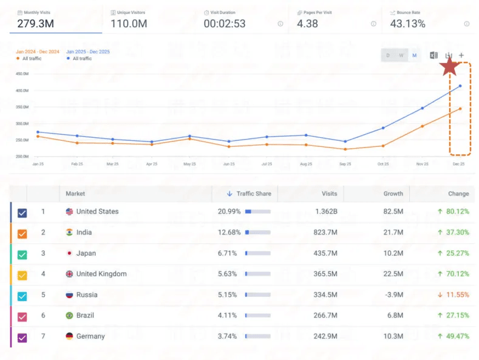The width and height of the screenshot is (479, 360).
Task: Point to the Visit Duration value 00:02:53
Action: (x=224, y=24)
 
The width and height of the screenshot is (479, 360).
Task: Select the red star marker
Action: (x=449, y=67)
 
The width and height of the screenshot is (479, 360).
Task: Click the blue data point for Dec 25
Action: (x=460, y=86)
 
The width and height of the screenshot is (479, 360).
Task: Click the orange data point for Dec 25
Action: (x=460, y=109)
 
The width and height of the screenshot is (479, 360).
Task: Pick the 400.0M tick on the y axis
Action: (x=22, y=90)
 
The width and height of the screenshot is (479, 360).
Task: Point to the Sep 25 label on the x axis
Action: (x=345, y=164)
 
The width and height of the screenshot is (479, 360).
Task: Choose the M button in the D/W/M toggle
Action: (x=415, y=55)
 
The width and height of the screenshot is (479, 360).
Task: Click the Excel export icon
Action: (x=433, y=55)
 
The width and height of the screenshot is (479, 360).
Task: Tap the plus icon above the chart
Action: (x=461, y=55)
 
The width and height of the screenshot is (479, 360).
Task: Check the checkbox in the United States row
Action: (x=22, y=212)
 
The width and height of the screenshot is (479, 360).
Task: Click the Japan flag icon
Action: (x=69, y=253)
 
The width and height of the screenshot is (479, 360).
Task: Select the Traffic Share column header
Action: (x=253, y=194)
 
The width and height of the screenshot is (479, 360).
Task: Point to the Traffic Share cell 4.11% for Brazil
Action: (x=229, y=316)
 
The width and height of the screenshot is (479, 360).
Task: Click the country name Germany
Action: (x=90, y=336)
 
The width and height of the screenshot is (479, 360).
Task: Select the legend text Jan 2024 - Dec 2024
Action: (x=37, y=52)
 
